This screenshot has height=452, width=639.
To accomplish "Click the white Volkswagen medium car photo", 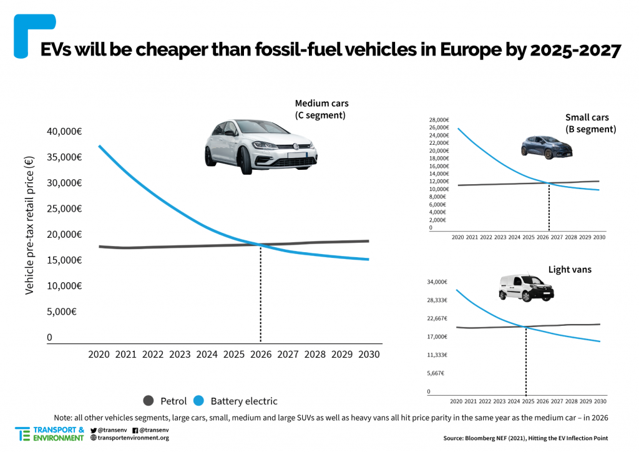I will (261, 145).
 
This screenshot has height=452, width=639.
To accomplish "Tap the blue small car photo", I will (546, 147).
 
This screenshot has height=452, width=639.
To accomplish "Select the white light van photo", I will (526, 288).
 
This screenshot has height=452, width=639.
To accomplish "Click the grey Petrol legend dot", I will (149, 401).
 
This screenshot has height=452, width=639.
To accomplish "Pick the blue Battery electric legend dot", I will (199, 401).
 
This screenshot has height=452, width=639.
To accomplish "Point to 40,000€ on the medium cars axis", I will (64, 131).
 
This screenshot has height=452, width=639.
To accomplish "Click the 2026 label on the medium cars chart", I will (261, 355).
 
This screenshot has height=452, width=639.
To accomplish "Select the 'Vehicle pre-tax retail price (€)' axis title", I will (29, 225).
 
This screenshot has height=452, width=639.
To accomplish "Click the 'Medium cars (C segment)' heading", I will (321, 109).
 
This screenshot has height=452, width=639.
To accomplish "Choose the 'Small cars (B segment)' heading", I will (590, 123).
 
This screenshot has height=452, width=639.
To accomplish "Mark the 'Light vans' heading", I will (570, 270).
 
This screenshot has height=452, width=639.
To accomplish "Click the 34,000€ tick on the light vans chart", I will (437, 282).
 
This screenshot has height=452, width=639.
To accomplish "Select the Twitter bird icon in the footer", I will (94, 430).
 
